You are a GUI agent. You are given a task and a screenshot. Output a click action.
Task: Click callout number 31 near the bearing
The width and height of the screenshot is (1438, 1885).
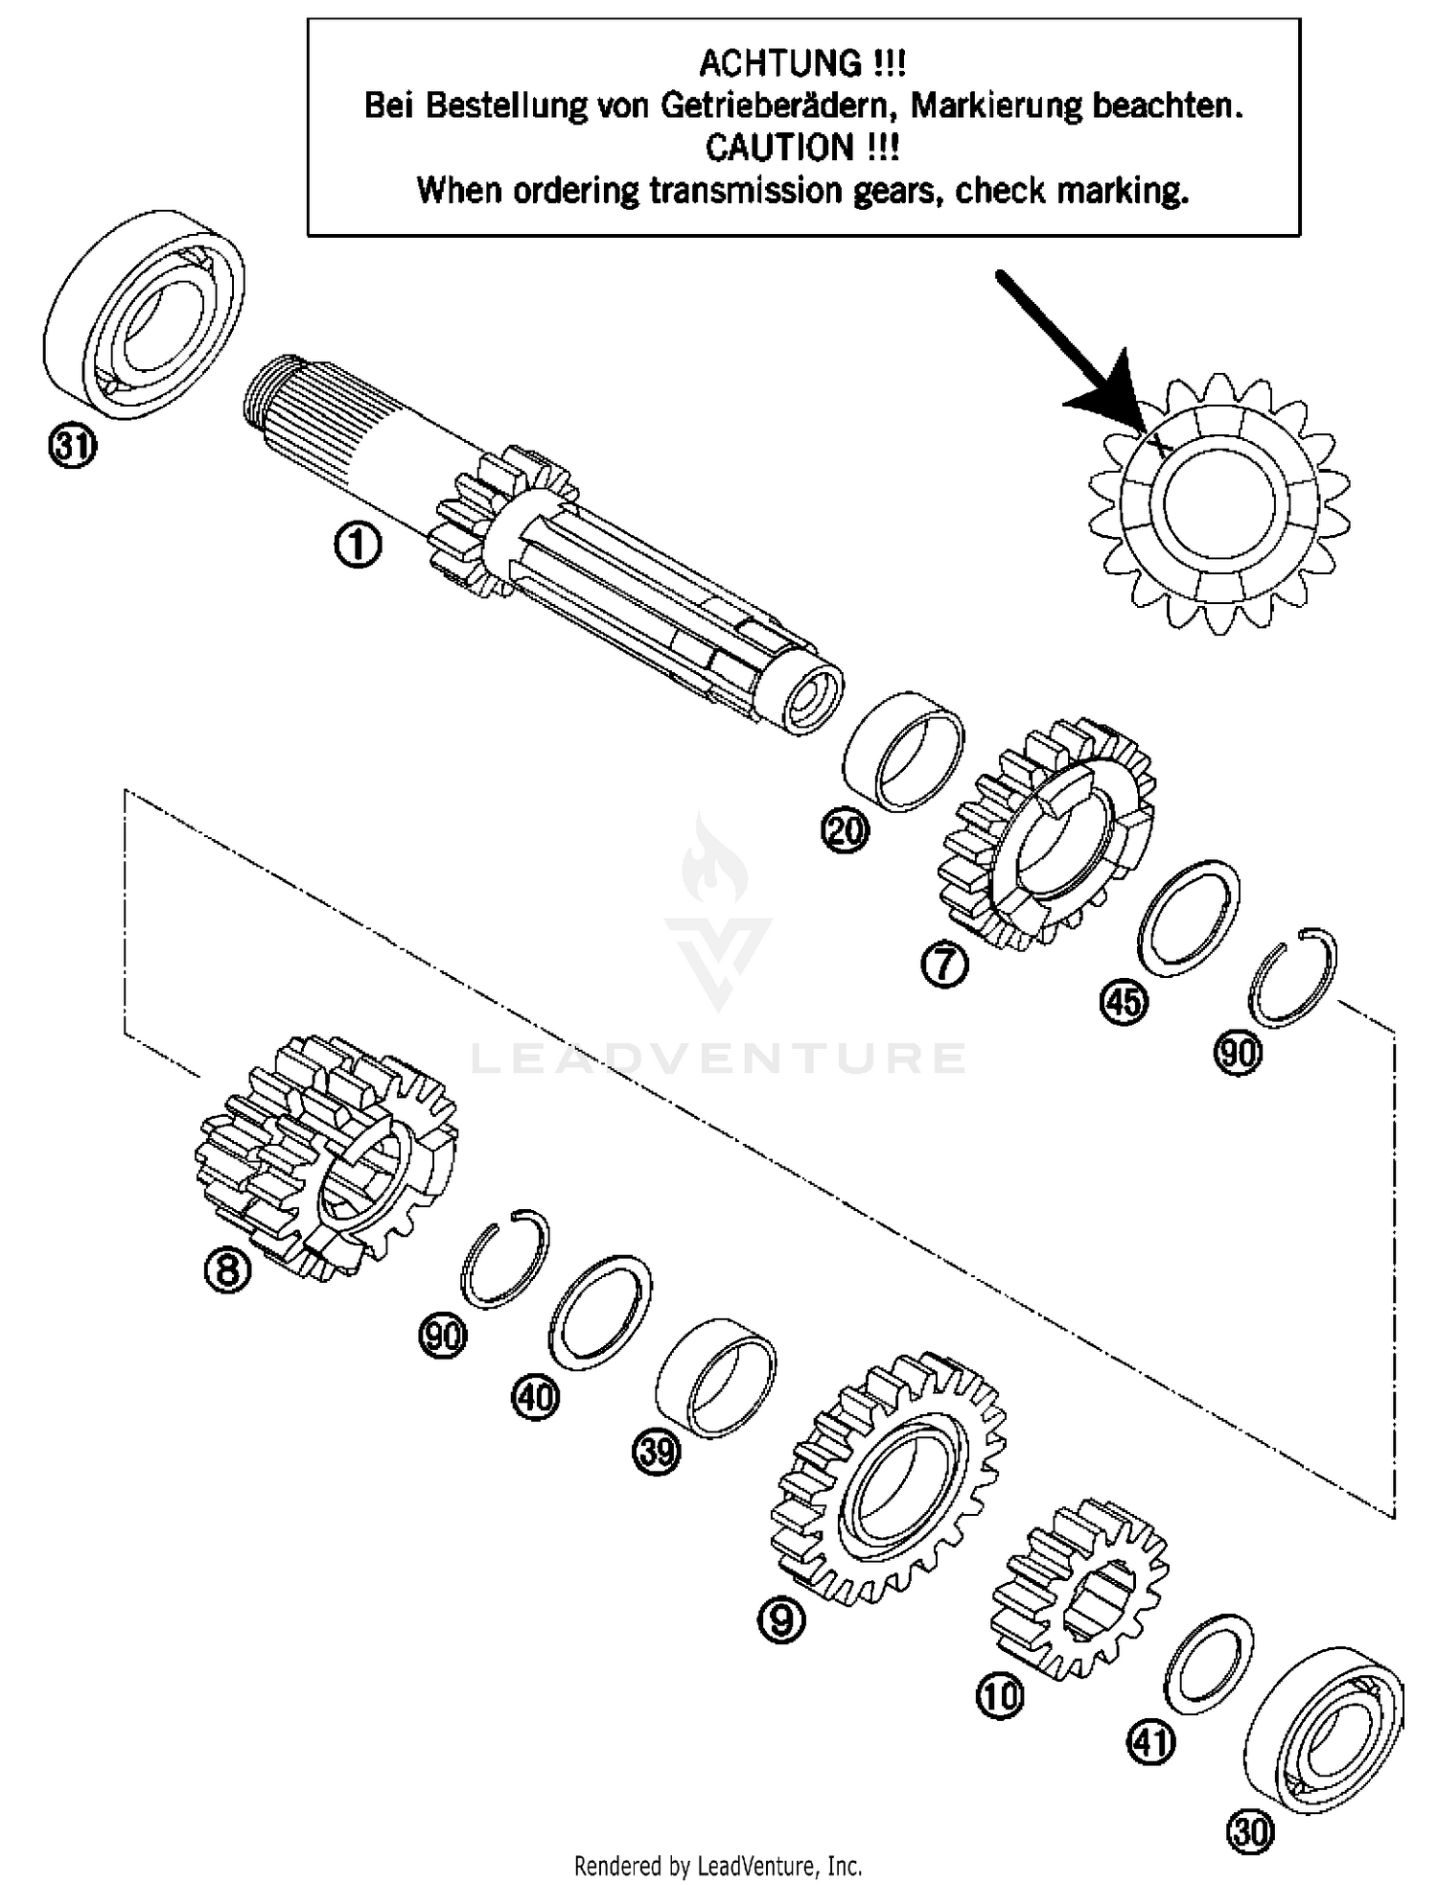tap(72, 447)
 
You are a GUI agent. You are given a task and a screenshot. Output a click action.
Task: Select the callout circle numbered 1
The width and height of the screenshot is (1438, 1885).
tap(358, 546)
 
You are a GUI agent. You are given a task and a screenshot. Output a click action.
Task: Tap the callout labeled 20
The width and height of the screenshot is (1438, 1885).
tap(845, 829)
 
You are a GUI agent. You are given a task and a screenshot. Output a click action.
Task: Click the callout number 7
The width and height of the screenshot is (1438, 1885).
tap(944, 964)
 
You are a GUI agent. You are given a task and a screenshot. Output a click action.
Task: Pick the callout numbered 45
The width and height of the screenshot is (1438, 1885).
tap(1123, 1002)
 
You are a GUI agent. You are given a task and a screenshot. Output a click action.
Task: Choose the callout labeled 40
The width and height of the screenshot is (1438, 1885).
tap(534, 1396)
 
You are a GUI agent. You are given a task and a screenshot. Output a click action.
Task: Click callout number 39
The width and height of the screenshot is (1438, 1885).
tap(656, 1453)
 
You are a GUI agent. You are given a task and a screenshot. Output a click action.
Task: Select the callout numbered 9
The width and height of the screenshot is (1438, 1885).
tap(781, 1619)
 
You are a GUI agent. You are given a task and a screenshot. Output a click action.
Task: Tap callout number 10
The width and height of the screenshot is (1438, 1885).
tap(1000, 1696)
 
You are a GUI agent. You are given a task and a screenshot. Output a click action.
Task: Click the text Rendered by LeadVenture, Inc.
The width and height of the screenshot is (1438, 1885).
tap(717, 1866)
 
